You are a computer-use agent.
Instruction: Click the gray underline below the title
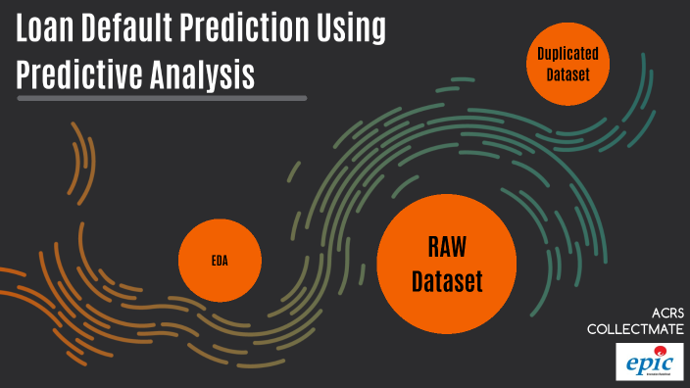pos(162,98)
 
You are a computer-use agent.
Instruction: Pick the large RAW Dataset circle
pos(447,263)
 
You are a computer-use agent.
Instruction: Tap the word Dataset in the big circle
pos(447,282)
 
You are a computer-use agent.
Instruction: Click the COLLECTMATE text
pos(636,330)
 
